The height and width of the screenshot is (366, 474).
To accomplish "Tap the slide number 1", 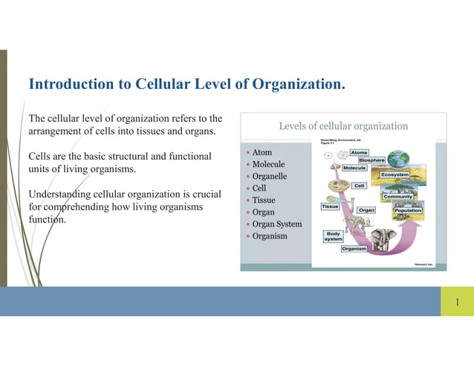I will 457,301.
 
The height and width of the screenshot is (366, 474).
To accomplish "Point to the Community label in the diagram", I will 397,197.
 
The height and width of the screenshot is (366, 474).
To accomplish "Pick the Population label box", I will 408,211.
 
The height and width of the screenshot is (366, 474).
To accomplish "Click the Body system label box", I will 333,236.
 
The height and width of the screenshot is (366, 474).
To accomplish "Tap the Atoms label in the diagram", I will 359,152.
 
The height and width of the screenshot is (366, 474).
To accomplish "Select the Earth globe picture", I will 397,158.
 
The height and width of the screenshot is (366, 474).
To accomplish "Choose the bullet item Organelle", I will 269,177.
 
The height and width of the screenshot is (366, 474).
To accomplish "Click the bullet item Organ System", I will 276,224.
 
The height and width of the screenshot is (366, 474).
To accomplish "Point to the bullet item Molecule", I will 268,164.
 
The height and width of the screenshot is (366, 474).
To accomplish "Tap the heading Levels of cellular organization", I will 343,126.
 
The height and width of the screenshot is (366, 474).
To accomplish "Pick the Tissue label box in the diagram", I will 330,206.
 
